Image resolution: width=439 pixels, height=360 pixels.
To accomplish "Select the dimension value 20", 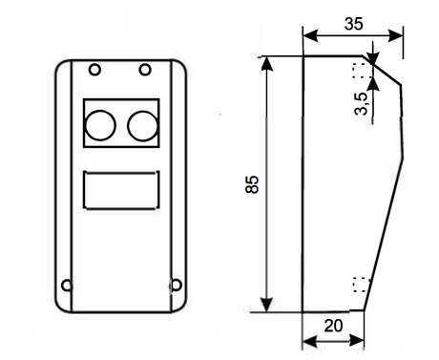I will (x=333, y=325).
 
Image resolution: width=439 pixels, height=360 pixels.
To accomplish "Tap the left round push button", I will (x=100, y=122).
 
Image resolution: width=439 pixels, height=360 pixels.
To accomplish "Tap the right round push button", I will (x=141, y=122).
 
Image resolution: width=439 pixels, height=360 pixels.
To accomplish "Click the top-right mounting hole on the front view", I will (x=144, y=70).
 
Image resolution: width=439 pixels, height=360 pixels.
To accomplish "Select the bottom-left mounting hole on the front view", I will (x=66, y=284).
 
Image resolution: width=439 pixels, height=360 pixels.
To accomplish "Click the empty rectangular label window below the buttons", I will (x=120, y=189).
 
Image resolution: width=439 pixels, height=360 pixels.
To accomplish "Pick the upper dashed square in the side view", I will (x=360, y=70).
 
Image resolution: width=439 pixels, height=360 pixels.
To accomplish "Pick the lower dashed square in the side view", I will (x=360, y=283).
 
